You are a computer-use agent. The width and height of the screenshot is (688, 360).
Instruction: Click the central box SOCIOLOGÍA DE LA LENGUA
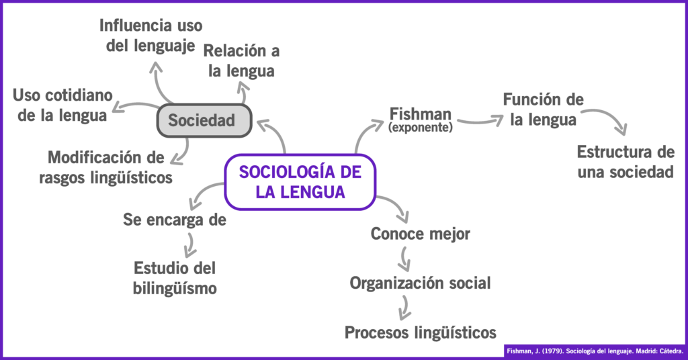click(300, 181)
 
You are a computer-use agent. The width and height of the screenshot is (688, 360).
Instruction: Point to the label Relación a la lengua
click(241, 60)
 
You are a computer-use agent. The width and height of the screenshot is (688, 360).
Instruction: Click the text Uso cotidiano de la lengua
click(62, 105)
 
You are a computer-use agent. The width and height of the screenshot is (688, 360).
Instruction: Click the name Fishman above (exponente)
click(420, 113)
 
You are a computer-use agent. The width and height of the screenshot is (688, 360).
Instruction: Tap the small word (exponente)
click(420, 126)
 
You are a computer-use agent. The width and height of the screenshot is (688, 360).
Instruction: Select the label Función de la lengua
click(543, 109)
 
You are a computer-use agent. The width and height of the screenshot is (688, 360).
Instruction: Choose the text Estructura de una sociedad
click(625, 161)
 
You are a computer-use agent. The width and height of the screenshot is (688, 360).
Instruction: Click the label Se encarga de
click(174, 220)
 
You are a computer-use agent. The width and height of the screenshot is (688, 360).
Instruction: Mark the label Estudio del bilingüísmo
click(175, 277)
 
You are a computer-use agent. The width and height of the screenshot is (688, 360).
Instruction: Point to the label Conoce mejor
click(420, 234)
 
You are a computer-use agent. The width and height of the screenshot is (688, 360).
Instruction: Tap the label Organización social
click(420, 283)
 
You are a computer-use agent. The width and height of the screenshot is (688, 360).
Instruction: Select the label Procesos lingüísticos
click(420, 332)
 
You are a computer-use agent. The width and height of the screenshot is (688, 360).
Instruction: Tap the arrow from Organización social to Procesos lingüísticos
click(404, 307)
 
